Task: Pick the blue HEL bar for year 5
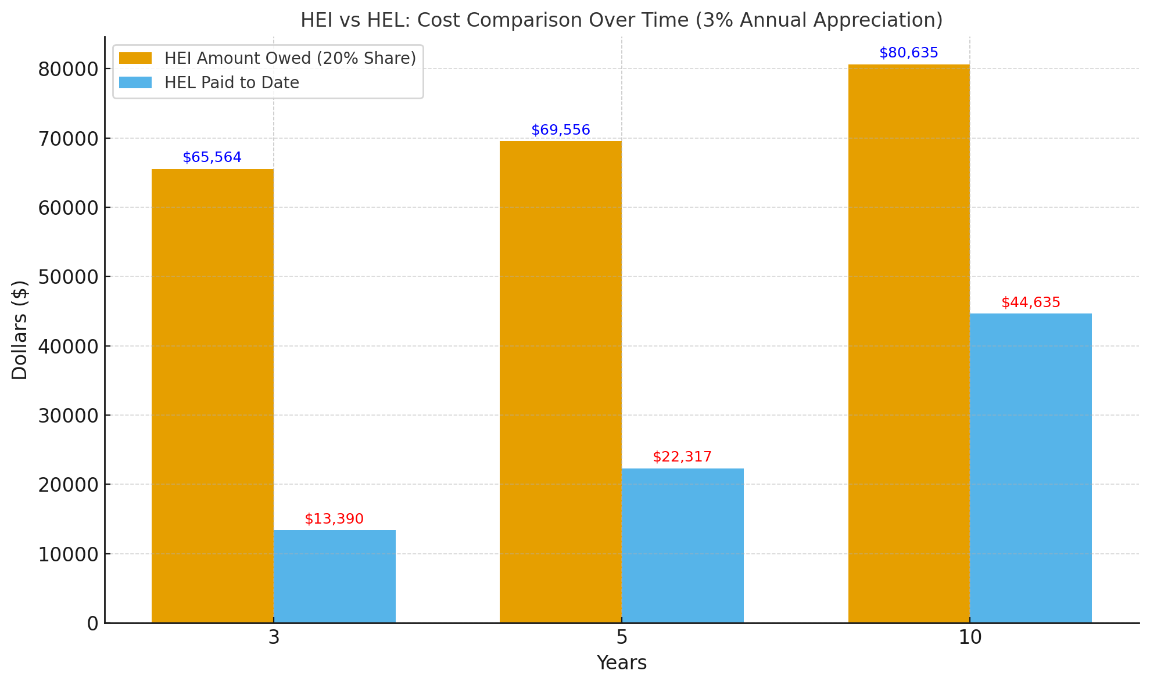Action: [x=683, y=546]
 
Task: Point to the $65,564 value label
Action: [x=212, y=157]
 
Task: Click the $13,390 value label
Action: [x=334, y=519]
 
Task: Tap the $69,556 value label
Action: [x=561, y=130]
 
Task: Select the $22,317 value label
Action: [x=682, y=457]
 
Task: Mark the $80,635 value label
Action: [x=909, y=53]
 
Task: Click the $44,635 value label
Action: [x=1031, y=302]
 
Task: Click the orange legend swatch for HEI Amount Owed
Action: [x=135, y=58]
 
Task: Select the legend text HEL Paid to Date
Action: [x=232, y=83]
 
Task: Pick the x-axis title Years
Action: [x=622, y=663]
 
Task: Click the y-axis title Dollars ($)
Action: [x=20, y=330]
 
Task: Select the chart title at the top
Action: [x=621, y=20]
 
